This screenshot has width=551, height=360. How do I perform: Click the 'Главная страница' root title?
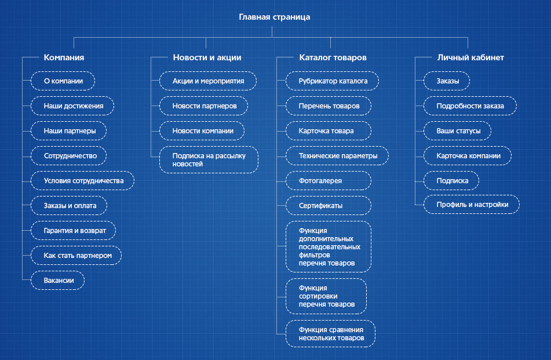pos(275,17)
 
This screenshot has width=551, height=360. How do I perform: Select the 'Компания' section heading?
pos(64,57)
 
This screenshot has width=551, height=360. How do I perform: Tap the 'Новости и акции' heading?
pos(207,57)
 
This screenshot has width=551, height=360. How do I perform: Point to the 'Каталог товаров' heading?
pos(333,57)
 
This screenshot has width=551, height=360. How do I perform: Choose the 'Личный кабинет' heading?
pos(470,57)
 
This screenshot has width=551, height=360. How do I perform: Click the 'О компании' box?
pos(63,81)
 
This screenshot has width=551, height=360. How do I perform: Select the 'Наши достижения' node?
pos(72,106)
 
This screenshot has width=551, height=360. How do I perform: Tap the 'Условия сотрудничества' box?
pos(83,181)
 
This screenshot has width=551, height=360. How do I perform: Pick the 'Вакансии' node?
pos(57,280)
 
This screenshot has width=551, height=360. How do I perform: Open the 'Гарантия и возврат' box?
pos(74,231)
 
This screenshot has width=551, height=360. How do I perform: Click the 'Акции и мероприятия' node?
pos(208,81)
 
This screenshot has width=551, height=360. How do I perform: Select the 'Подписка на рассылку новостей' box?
pos(209,159)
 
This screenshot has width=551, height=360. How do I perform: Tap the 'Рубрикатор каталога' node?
pos(333,81)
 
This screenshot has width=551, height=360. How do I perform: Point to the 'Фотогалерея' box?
pos(329,181)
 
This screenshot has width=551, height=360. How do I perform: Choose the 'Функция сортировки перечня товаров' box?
pos(326,296)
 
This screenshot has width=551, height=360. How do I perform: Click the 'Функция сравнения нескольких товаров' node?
pos(331,334)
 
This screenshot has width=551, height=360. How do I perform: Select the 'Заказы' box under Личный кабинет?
pos(447,81)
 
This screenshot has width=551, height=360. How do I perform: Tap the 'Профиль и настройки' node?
pos(472,204)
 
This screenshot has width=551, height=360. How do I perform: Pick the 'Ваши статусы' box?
pos(458,131)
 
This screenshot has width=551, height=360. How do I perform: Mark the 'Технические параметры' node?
pos(337,156)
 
